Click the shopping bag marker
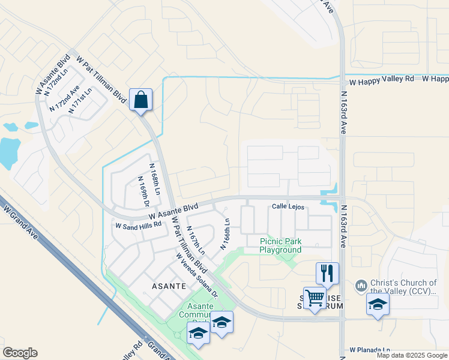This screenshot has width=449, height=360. (x=140, y=100)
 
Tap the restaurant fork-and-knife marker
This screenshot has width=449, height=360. (x=327, y=274)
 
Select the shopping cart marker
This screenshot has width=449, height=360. (x=315, y=298)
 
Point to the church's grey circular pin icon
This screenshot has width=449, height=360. (x=361, y=284)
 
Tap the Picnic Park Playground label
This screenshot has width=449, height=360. (x=280, y=246)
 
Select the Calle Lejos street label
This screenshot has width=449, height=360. (x=288, y=207)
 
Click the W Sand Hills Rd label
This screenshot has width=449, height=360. (x=139, y=225)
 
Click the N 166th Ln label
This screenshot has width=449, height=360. (x=226, y=234)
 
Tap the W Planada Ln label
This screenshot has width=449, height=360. (x=370, y=349)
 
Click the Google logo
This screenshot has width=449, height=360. (x=20, y=353)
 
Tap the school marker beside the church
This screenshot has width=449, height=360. (x=378, y=304)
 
